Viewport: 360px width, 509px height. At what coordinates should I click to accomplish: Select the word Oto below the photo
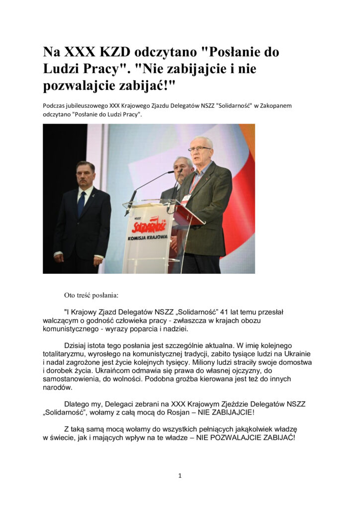[70, 295]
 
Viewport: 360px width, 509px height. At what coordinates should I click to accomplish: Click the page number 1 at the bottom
[180, 476]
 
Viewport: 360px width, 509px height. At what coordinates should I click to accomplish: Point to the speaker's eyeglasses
[199, 148]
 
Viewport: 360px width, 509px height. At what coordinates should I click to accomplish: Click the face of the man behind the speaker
[182, 168]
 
